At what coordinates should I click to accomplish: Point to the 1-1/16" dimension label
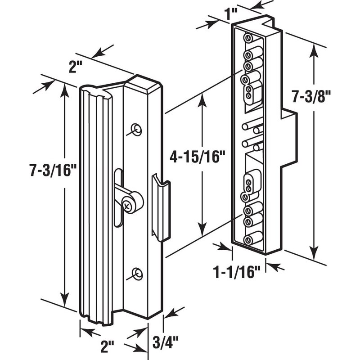tap(237, 272)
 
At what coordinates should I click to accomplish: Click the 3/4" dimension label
tap(165, 342)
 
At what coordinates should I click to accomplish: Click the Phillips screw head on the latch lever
tap(127, 205)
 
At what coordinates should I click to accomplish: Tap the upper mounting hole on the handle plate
tap(136, 130)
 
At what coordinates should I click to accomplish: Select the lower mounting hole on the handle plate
tap(138, 274)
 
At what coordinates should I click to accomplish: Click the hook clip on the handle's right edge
tap(161, 208)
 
